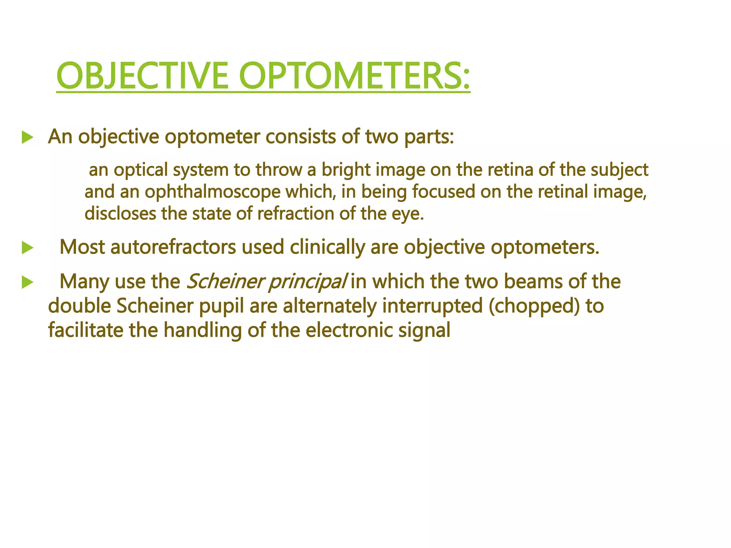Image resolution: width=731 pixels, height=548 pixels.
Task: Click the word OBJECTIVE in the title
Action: coord(142,76)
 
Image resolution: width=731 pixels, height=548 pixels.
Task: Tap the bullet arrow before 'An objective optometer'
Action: coord(27,137)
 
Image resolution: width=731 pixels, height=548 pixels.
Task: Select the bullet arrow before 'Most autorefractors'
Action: coord(27,248)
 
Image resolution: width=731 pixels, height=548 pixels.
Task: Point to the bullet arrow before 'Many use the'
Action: coord(27,282)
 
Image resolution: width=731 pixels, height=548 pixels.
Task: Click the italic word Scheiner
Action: coord(225,281)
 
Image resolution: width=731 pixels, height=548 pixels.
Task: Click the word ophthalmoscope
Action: coord(213,193)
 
